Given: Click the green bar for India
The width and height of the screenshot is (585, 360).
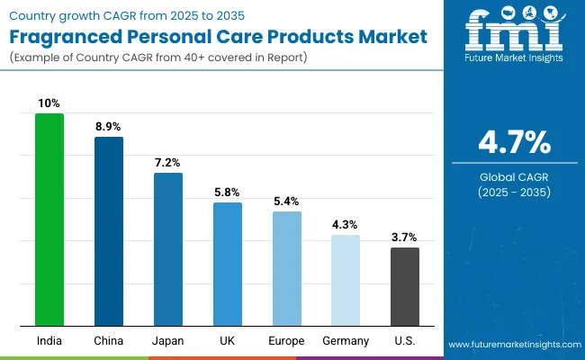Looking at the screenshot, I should pyautogui.click(x=49, y=220).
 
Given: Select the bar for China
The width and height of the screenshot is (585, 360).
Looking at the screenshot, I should pyautogui.click(x=109, y=231).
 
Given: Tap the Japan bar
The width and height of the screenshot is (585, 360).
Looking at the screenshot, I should pyautogui.click(x=167, y=249).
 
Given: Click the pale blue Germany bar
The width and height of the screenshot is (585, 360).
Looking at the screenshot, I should pyautogui.click(x=346, y=280).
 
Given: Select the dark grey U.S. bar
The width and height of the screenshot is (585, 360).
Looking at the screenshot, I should pyautogui.click(x=404, y=286).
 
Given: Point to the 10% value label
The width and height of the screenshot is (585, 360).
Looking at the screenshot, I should pyautogui.click(x=49, y=103).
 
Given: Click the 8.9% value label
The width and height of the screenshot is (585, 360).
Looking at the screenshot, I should pyautogui.click(x=109, y=127).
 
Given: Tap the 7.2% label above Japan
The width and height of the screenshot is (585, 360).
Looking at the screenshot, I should pyautogui.click(x=167, y=163).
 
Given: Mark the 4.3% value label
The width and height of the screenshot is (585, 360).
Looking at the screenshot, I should pyautogui.click(x=346, y=225).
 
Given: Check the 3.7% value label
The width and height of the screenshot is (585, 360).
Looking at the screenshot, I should pyautogui.click(x=404, y=238).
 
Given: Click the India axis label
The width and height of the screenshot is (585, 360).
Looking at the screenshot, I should pyautogui.click(x=49, y=341).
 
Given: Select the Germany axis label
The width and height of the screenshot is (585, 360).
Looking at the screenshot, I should pyautogui.click(x=346, y=341).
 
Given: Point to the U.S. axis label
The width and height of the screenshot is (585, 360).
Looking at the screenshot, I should pyautogui.click(x=404, y=341).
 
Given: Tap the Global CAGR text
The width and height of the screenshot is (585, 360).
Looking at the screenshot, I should pyautogui.click(x=513, y=176).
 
